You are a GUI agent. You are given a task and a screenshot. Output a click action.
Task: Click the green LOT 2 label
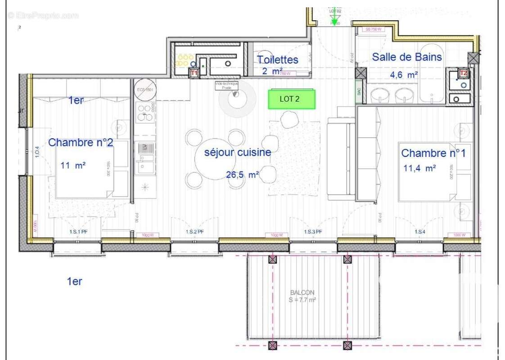pos(292,99)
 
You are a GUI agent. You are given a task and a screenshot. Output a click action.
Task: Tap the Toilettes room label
pos(277,59)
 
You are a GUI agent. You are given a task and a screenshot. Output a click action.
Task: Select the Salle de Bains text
pos(407,57)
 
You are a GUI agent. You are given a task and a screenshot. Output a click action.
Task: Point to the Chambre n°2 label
pos(81,143)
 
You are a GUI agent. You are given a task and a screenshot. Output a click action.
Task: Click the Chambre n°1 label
pos(433,153)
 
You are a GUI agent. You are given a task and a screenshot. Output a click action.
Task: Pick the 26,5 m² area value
pos(242,175)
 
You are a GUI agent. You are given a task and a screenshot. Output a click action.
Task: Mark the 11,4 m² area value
pos(419,168)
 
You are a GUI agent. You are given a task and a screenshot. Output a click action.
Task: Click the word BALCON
pos(302,292)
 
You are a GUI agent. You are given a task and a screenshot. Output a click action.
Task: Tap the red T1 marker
pos(194,72)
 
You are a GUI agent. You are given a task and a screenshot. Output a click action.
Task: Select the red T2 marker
pos(463,73)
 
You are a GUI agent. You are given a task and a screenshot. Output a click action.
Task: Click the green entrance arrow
pos(334,18)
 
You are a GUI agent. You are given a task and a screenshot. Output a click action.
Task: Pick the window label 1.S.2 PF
pos(194,232)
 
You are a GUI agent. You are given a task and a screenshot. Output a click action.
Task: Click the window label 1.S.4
pos(419,232)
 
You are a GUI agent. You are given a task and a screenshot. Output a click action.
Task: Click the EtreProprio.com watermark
pos(43,15)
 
